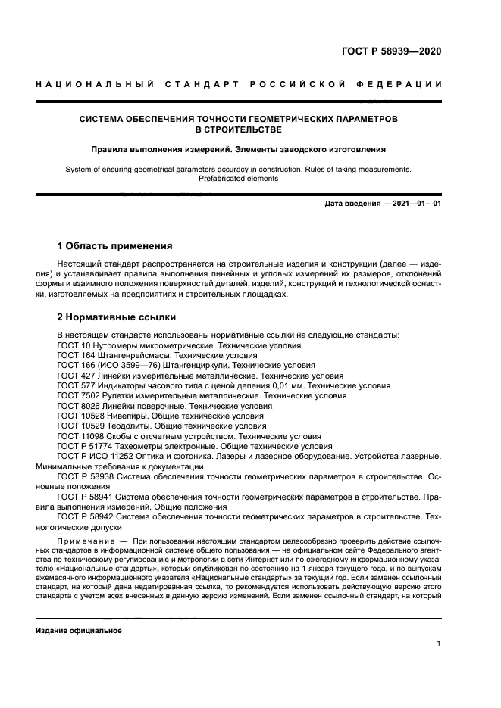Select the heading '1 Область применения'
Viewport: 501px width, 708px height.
(114, 246)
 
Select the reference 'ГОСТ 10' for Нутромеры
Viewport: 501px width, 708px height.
(73, 345)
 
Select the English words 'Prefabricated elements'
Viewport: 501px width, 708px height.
(238, 179)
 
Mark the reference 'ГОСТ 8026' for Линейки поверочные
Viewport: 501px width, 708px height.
(78, 406)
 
